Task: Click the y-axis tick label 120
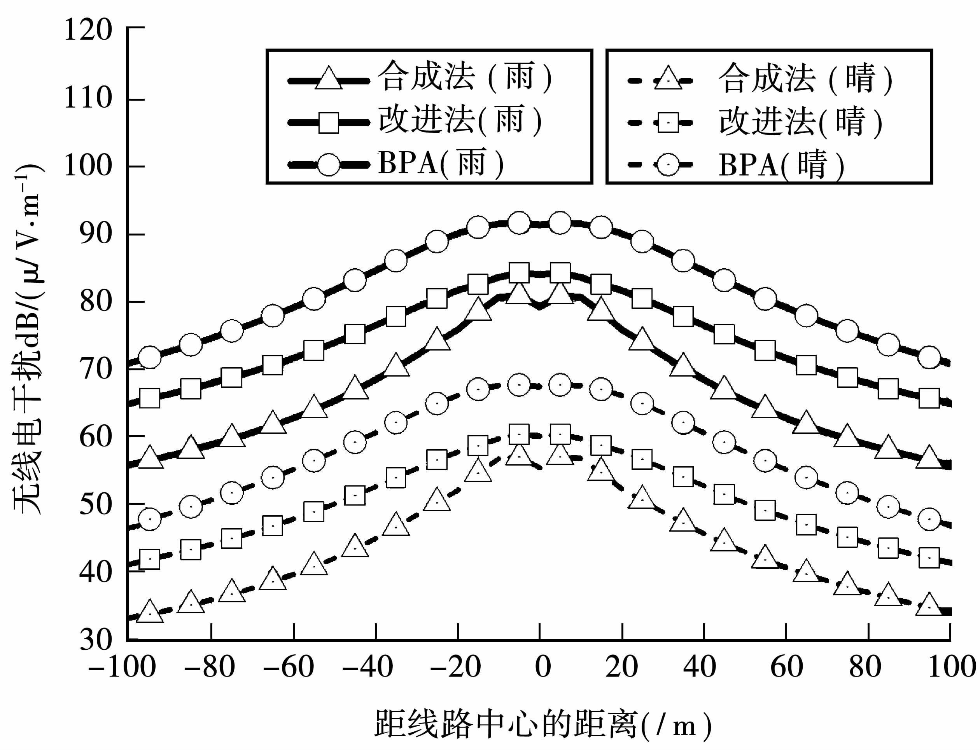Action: [88, 31]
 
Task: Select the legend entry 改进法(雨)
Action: [460, 120]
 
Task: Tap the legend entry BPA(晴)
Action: [782, 165]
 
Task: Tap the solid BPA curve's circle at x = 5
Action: [560, 223]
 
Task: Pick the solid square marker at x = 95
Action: [929, 399]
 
